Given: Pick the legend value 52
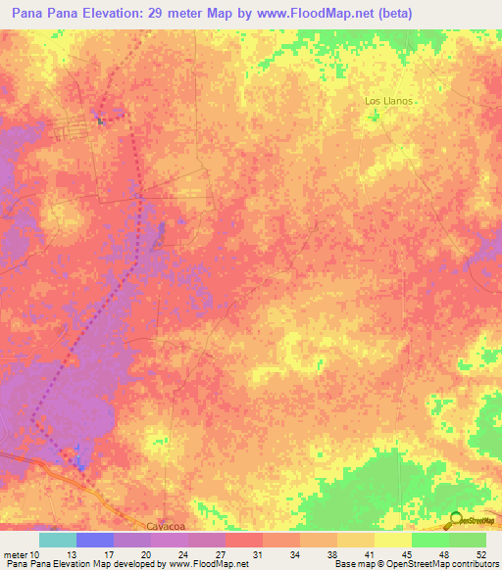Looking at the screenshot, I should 482,555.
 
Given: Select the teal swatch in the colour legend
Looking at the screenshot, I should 58,540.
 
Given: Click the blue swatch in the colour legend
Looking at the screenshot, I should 95,540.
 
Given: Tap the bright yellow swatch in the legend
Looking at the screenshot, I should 392,540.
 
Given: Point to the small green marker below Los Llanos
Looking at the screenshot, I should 373,117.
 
